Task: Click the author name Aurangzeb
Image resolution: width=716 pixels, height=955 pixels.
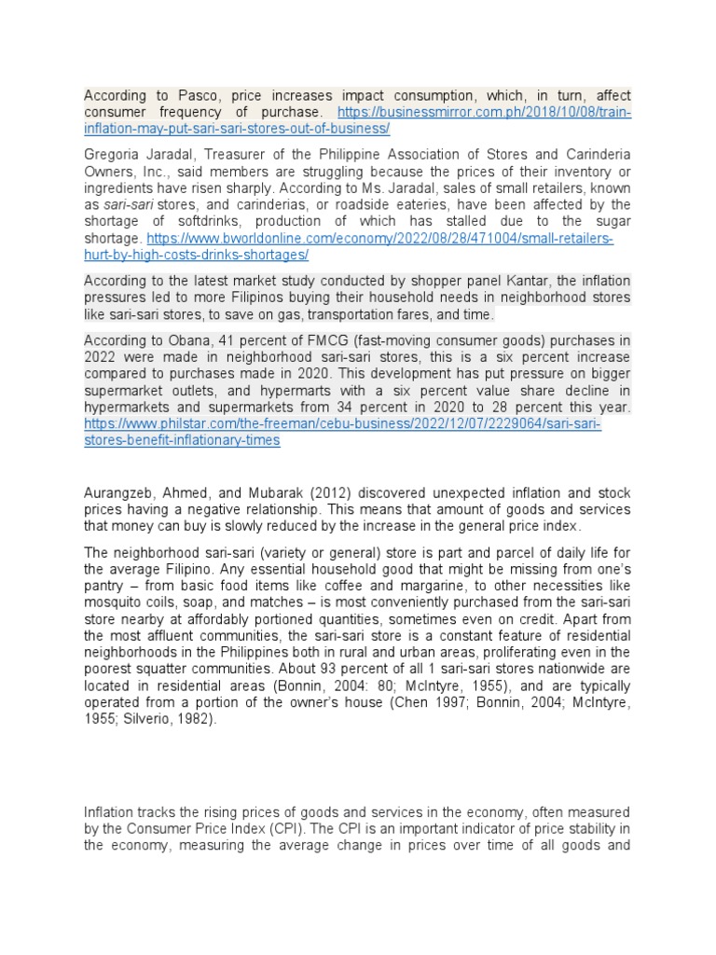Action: [x=119, y=493]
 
